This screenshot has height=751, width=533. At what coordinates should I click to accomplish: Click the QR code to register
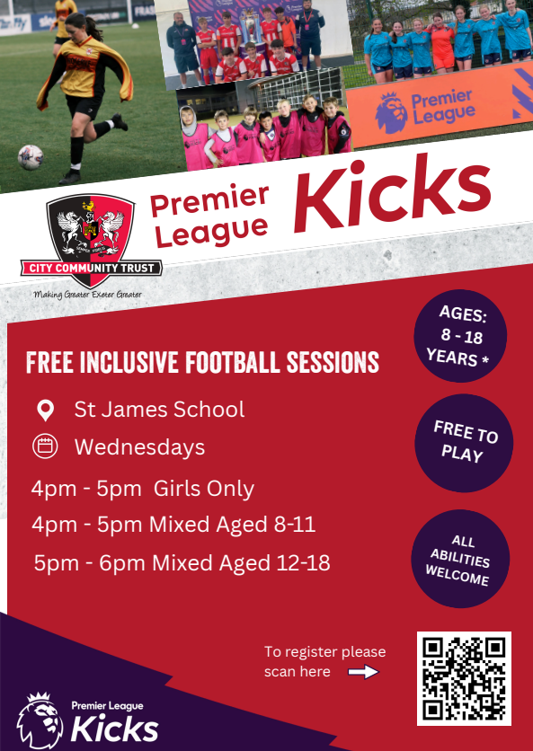pos(464,677)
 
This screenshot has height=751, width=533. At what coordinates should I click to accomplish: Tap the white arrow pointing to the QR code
pos(363,672)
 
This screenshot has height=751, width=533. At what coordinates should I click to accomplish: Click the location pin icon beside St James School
pos(46,411)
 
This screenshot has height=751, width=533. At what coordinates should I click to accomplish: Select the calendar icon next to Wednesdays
pos(45,446)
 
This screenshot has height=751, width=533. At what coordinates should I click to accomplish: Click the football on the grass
pos(31,157)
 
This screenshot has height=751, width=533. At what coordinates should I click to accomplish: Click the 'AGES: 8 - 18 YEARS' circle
pos(460,336)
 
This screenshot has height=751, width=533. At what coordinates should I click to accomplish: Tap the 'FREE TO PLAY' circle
pos(464,443)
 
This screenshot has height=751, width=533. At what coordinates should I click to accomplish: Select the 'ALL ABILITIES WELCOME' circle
pos(460,559)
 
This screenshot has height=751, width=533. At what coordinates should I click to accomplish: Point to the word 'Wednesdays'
pos(139,447)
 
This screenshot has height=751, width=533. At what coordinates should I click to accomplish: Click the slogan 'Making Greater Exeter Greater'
pos(88,295)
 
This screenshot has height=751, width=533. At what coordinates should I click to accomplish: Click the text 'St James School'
pos(159,410)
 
